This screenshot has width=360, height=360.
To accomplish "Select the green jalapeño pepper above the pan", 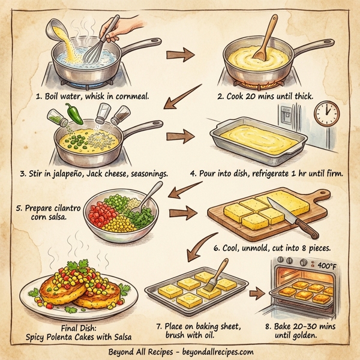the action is pyautogui.click(x=74, y=113).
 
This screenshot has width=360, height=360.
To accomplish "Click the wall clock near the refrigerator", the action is pyautogui.click(x=327, y=113).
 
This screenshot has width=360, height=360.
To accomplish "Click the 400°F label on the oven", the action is pyautogui.click(x=327, y=266).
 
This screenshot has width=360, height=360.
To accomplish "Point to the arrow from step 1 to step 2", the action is pyautogui.click(x=181, y=55).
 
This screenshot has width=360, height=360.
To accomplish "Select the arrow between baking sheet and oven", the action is pyautogui.click(x=257, y=293).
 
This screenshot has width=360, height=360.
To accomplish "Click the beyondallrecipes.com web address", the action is pyautogui.click(x=218, y=352).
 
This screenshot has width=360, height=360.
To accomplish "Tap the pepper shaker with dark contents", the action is pyautogui.click(x=121, y=115).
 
